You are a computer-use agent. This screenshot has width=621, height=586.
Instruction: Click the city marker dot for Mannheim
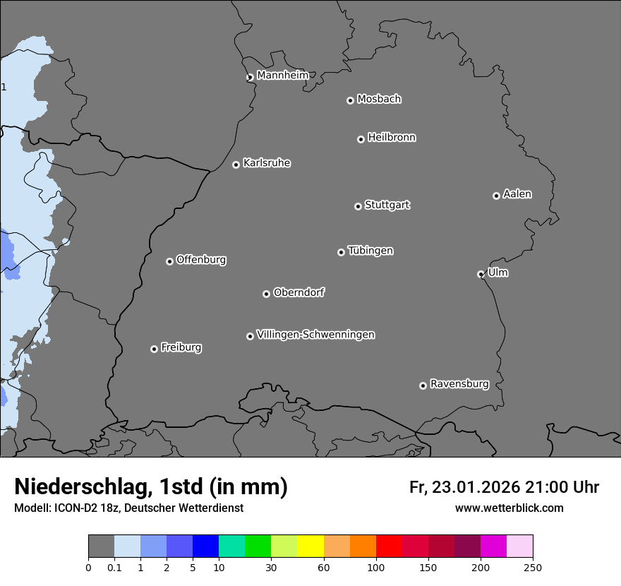(250, 78)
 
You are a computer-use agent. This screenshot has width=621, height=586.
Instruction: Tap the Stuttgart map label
(387, 205)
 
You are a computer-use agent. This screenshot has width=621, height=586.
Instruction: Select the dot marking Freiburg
(154, 349)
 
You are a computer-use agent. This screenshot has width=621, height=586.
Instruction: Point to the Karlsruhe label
(267, 164)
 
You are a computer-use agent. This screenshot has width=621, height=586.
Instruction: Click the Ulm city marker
(481, 274)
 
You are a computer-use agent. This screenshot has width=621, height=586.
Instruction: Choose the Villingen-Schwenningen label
(315, 335)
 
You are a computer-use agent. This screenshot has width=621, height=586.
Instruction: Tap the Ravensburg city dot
(423, 385)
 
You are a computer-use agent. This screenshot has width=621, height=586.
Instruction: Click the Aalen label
(517, 194)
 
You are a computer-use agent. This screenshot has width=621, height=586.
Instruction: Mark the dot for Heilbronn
(361, 139)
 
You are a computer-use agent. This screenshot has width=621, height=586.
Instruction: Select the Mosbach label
(379, 100)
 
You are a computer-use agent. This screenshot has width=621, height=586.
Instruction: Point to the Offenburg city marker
(169, 261)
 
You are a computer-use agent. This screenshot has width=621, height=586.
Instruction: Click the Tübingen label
(370, 251)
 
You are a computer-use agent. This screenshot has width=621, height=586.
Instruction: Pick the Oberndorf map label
(299, 292)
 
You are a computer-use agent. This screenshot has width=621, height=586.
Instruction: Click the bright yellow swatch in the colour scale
(310, 546)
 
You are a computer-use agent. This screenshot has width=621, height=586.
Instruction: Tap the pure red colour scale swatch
(389, 546)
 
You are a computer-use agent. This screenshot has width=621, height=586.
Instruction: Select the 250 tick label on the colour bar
(533, 567)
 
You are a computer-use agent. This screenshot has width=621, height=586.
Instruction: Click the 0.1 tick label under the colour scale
(114, 567)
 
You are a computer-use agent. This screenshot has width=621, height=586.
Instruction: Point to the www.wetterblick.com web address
(510, 508)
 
